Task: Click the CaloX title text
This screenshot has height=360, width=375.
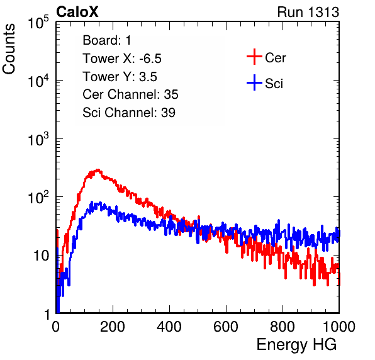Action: [77, 12]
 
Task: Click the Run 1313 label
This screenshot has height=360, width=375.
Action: [308, 12]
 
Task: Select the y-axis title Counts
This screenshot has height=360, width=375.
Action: [9, 49]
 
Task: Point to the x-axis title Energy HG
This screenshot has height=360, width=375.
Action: [296, 345]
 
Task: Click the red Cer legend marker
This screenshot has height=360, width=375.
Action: [254, 57]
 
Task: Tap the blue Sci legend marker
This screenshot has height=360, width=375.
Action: [254, 82]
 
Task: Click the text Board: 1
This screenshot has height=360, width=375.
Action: [107, 40]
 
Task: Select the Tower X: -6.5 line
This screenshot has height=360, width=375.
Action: [122, 59]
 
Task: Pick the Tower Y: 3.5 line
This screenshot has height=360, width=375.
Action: [120, 77]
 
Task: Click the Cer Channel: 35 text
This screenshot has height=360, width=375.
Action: [130, 94]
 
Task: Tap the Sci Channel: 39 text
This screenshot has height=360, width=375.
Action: [129, 113]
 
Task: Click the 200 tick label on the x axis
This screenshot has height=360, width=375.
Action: [113, 327]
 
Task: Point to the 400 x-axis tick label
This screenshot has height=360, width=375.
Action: [169, 327]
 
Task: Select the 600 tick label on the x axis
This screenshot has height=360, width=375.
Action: [226, 327]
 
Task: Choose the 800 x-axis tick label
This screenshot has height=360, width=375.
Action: [283, 327]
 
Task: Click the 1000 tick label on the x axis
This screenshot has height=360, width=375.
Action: [339, 327]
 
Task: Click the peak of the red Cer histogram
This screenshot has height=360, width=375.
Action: [98, 169]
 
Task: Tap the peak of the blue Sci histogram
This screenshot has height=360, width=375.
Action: [101, 203]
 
